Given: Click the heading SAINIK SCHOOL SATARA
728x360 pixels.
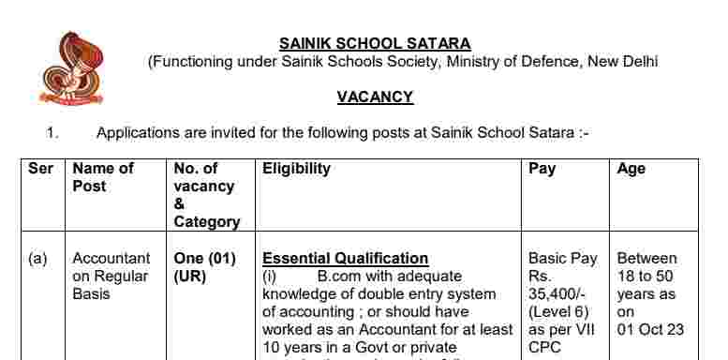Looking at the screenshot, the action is coord(375,43).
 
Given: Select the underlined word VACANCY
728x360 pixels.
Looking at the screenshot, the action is coord(375,97).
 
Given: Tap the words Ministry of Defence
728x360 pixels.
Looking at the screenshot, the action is coord(531,62).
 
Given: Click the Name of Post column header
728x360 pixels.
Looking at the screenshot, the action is coord(103,177).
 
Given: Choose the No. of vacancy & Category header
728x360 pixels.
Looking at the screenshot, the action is coord(206,195).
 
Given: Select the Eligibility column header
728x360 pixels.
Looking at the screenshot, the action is coord(296,169).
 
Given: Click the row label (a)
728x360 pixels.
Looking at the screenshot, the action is coord(37,259).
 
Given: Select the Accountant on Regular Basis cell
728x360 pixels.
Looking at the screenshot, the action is coord(111,276).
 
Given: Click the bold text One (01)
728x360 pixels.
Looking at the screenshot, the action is coord(204,259).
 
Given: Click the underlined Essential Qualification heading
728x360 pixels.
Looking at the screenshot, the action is coord(345,259).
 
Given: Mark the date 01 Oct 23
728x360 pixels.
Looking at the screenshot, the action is coord(650,329).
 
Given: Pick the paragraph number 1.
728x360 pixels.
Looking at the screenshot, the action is coord(52,133).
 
